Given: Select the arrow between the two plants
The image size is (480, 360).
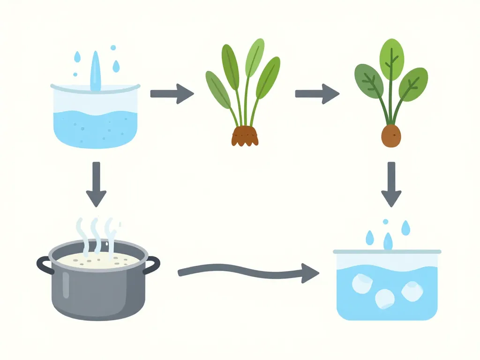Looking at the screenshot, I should pyautogui.click(x=317, y=94).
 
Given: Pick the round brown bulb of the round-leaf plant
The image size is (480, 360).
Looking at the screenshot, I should pyautogui.click(x=391, y=136).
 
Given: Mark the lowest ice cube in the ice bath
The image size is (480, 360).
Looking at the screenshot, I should pyautogui.click(x=385, y=299).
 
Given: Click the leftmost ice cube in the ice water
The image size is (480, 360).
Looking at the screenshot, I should pyautogui.click(x=361, y=283).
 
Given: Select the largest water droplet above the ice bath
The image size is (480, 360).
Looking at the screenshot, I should pyautogui.click(x=388, y=242).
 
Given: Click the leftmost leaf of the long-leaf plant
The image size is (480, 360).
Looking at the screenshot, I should pyautogui.click(x=217, y=89).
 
